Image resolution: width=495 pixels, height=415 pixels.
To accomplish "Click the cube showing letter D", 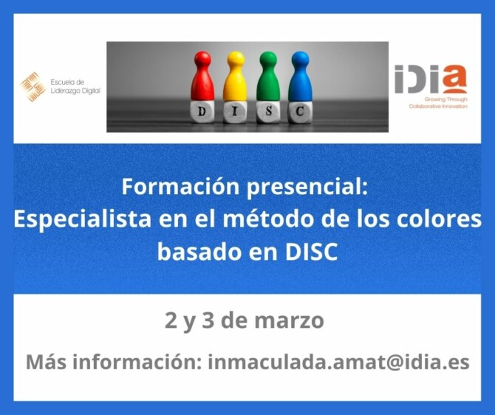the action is click(202, 112).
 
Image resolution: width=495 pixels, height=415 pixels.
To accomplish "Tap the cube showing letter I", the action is click(235, 112).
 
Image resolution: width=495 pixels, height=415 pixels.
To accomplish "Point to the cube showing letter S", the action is click(268, 112).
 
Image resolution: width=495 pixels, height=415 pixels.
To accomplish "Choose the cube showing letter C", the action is click(300, 112).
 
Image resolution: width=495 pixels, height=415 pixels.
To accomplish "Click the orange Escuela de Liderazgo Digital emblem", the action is click(33, 87).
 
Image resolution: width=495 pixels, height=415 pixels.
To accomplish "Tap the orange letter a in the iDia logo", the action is click(454, 79).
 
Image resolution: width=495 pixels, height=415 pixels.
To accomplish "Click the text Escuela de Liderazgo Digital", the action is click(75, 86).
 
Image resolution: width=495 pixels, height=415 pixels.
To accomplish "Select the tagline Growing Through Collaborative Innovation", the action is click(438, 103).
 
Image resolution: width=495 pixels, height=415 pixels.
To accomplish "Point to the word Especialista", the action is click(83, 219).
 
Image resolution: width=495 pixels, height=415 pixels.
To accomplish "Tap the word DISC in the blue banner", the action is click(311, 252).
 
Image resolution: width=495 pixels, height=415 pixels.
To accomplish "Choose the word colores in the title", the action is click(439, 219).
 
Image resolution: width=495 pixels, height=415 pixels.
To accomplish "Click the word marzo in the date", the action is click(289, 320).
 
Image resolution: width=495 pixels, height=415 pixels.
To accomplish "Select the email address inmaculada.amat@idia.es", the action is click(338, 362).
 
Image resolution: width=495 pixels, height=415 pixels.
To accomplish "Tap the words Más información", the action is click(114, 362).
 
